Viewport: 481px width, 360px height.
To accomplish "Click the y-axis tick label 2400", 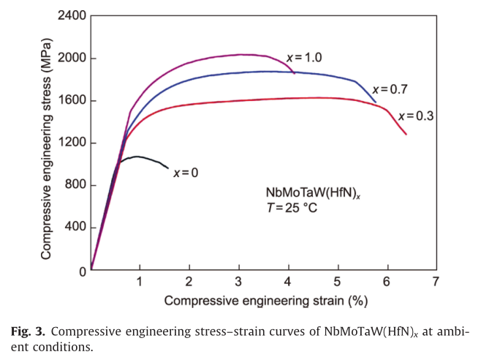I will pos(72,15).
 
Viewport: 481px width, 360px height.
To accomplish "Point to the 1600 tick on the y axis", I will pos(72,100).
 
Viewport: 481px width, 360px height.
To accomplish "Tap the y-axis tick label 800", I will pos(75,185).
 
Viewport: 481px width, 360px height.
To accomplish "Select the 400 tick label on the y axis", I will pos(75,228).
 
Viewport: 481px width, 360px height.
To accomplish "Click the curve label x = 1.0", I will pos(304,57).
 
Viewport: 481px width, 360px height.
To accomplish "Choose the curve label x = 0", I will pos(186,173).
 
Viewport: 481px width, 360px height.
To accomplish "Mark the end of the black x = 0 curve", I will pos(167,168).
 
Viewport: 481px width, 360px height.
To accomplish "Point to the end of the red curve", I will pos(406,135).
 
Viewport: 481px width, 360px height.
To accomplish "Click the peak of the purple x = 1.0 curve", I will pos(241,54).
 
